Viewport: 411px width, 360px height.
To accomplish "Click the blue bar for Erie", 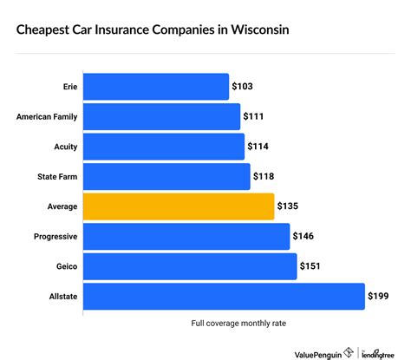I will (x=155, y=87).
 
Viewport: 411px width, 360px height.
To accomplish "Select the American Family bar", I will (x=160, y=116).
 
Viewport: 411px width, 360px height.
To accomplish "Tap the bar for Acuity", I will (x=163, y=147).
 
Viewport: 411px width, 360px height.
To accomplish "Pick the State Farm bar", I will (x=166, y=176).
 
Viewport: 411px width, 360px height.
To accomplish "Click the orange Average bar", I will (x=178, y=206).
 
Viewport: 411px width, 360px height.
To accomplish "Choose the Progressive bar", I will (x=186, y=236).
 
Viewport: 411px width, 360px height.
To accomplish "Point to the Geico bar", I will (x=189, y=265).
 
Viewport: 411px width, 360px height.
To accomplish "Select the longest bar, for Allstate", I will (x=223, y=296).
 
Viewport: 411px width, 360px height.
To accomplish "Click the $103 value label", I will (x=244, y=88).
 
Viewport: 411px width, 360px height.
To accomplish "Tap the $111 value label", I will (x=255, y=117).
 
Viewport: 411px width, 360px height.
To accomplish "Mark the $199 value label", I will (x=380, y=297).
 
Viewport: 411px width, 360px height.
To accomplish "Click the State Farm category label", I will (x=54, y=177).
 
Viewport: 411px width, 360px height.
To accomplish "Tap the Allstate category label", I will (x=59, y=297).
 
